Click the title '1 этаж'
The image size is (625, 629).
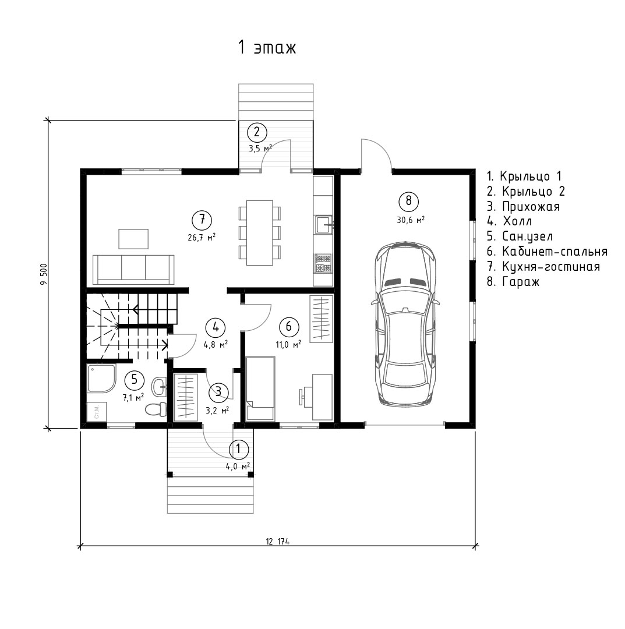point(267,47)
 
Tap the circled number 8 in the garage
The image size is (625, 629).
point(409,201)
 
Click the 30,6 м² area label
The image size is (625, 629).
point(411,220)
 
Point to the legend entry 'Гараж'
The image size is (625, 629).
point(513,282)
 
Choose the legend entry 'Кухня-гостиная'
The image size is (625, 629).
point(543,267)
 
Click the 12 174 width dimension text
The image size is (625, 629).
point(277,542)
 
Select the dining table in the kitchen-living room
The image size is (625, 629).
point(260,232)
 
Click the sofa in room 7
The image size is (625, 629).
point(133,270)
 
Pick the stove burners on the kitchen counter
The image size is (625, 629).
point(323,263)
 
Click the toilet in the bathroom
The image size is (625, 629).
point(156,409)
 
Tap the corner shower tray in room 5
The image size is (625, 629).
point(101,378)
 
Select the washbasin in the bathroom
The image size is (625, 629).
point(159,386)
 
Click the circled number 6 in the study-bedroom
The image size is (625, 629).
point(289,327)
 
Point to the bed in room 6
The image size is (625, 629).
point(260,388)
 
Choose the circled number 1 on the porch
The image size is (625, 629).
point(239,449)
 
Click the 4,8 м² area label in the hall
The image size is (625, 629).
point(216,345)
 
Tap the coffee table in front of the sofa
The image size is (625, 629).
point(133,239)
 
